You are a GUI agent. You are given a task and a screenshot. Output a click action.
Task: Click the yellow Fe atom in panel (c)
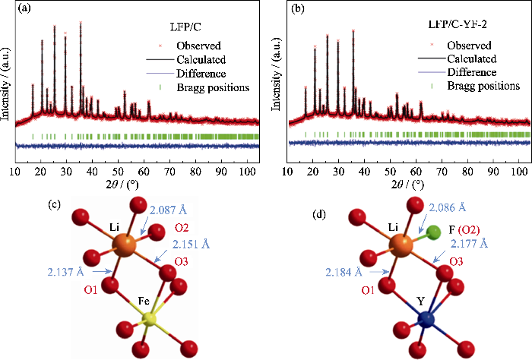coord(153,322)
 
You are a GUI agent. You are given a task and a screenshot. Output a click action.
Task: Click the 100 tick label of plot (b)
coord(519,170)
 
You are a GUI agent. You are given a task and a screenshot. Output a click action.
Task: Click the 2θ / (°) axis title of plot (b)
coord(410,184)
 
